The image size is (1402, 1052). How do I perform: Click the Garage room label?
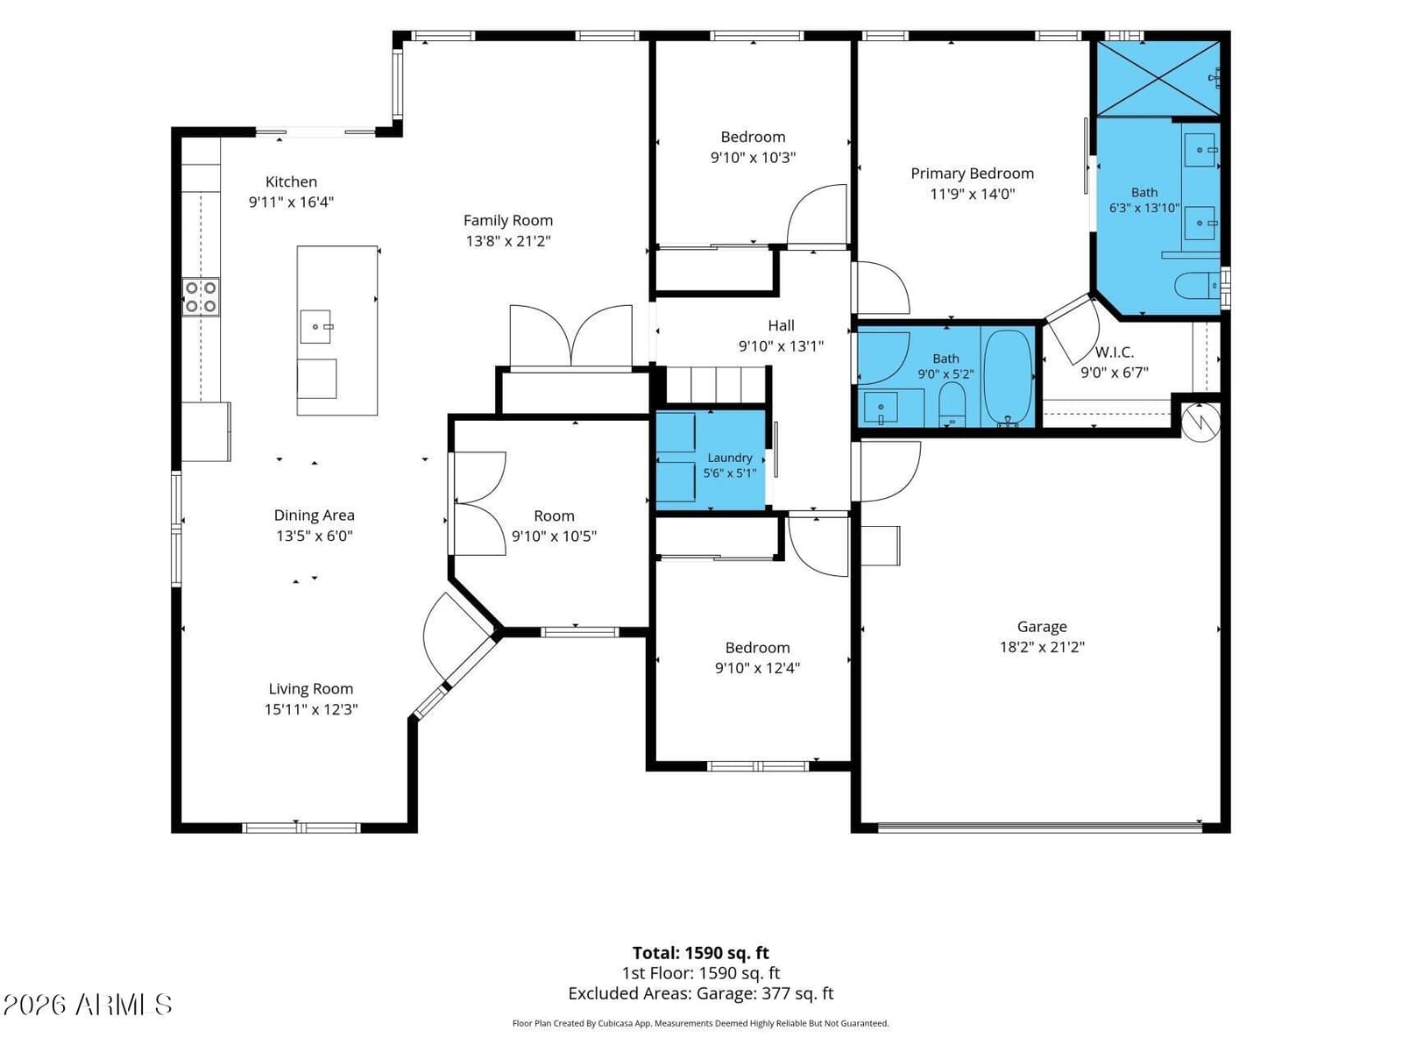click(1042, 627)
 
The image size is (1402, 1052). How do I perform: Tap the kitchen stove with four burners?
click(201, 297)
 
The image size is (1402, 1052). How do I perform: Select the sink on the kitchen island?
click(316, 327)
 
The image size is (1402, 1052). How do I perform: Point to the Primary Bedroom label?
click(972, 174)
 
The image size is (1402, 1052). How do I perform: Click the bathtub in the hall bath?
click(1008, 378)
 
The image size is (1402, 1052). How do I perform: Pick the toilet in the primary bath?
click(1198, 286)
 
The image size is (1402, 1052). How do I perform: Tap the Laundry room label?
click(729, 458)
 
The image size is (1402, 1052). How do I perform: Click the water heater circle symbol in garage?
click(1200, 422)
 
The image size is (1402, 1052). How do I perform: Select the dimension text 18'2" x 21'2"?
click(1042, 647)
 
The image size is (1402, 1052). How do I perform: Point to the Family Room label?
click(507, 221)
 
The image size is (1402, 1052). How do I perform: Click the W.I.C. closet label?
click(1114, 352)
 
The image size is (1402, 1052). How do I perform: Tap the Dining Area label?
click(314, 515)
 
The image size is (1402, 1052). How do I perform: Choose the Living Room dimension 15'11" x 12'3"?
click(311, 709)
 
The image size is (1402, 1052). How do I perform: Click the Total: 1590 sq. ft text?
click(701, 953)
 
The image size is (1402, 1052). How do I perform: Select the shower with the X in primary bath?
click(1158, 79)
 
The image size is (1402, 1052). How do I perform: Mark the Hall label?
click(781, 326)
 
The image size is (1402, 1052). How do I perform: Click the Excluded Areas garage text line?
click(701, 993)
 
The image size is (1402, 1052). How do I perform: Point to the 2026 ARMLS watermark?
click(87, 1005)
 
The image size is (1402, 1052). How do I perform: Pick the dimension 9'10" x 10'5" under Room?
click(554, 537)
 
